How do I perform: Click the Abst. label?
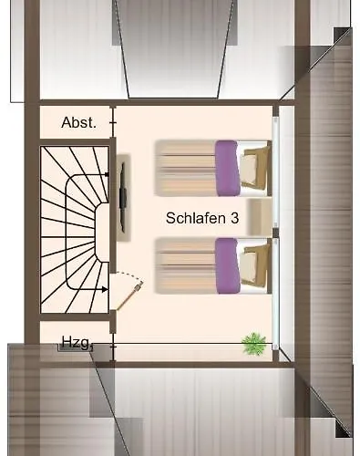pyautogui.click(x=78, y=122)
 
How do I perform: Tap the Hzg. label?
pyautogui.click(x=75, y=342)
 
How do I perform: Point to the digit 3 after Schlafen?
pyautogui.click(x=234, y=219)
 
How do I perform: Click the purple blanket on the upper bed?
pyautogui.click(x=227, y=168)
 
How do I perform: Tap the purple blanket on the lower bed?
pyautogui.click(x=227, y=265)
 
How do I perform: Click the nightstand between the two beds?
pyautogui.click(x=261, y=216)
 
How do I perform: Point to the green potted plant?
pyautogui.click(x=253, y=344)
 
